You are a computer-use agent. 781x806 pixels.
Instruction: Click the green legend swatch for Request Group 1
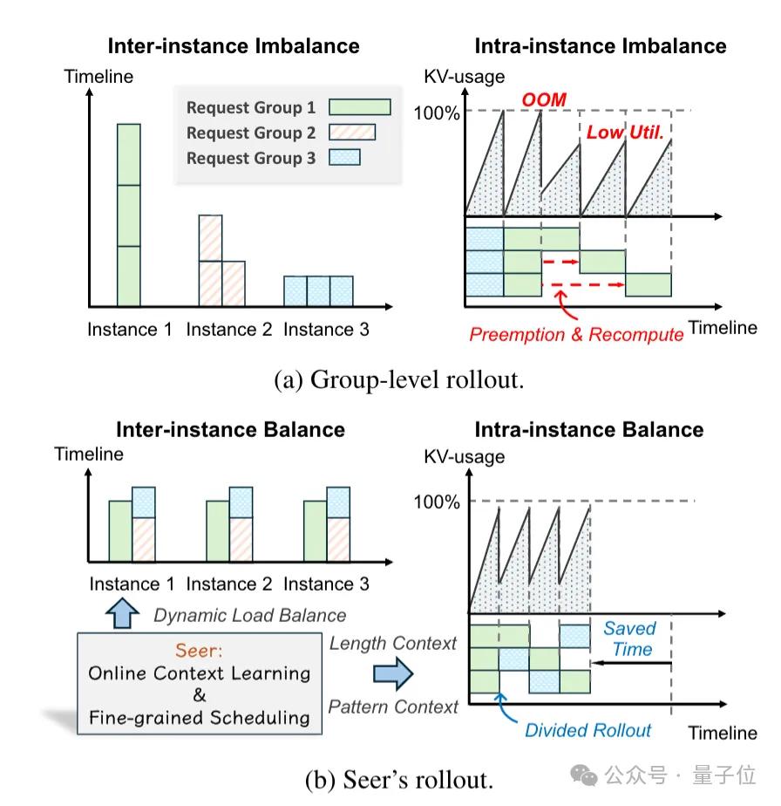[x=359, y=107]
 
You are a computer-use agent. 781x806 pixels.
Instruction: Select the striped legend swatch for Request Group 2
[x=351, y=133]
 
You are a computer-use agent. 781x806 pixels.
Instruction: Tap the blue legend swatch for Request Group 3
[x=343, y=158]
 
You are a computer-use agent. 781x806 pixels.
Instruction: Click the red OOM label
[x=543, y=100]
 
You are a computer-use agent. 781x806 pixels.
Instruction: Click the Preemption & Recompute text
[x=575, y=334]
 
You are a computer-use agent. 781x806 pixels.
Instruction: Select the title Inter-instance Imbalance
[x=233, y=46]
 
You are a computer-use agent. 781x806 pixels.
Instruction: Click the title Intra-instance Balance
[x=588, y=429]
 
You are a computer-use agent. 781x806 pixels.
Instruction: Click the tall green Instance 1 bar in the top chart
[x=128, y=215]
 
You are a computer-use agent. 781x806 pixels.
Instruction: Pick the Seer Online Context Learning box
[x=200, y=685]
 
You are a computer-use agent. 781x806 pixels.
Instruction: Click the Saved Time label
[x=630, y=639]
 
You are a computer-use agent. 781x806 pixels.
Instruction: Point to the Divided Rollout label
[x=587, y=730]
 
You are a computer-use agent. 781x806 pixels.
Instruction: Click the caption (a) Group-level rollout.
[x=398, y=380]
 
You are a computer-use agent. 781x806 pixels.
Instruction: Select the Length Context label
[x=393, y=643]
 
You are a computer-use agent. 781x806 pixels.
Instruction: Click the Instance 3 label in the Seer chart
[x=327, y=584]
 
